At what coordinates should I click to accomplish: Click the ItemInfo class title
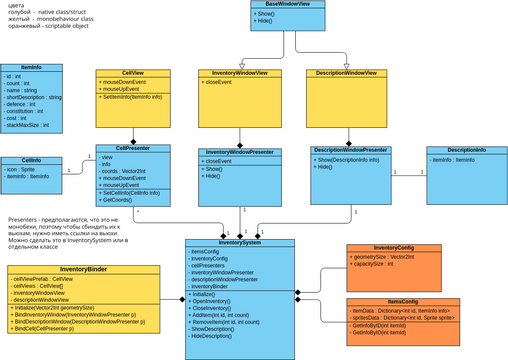[30, 67]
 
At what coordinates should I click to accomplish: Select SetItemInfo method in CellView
[139, 96]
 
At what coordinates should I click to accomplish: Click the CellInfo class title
[30, 160]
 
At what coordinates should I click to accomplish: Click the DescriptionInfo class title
[466, 150]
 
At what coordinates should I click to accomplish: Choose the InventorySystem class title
[240, 242]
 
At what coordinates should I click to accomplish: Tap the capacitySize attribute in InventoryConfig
[378, 265]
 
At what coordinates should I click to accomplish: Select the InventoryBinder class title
[84, 269]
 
